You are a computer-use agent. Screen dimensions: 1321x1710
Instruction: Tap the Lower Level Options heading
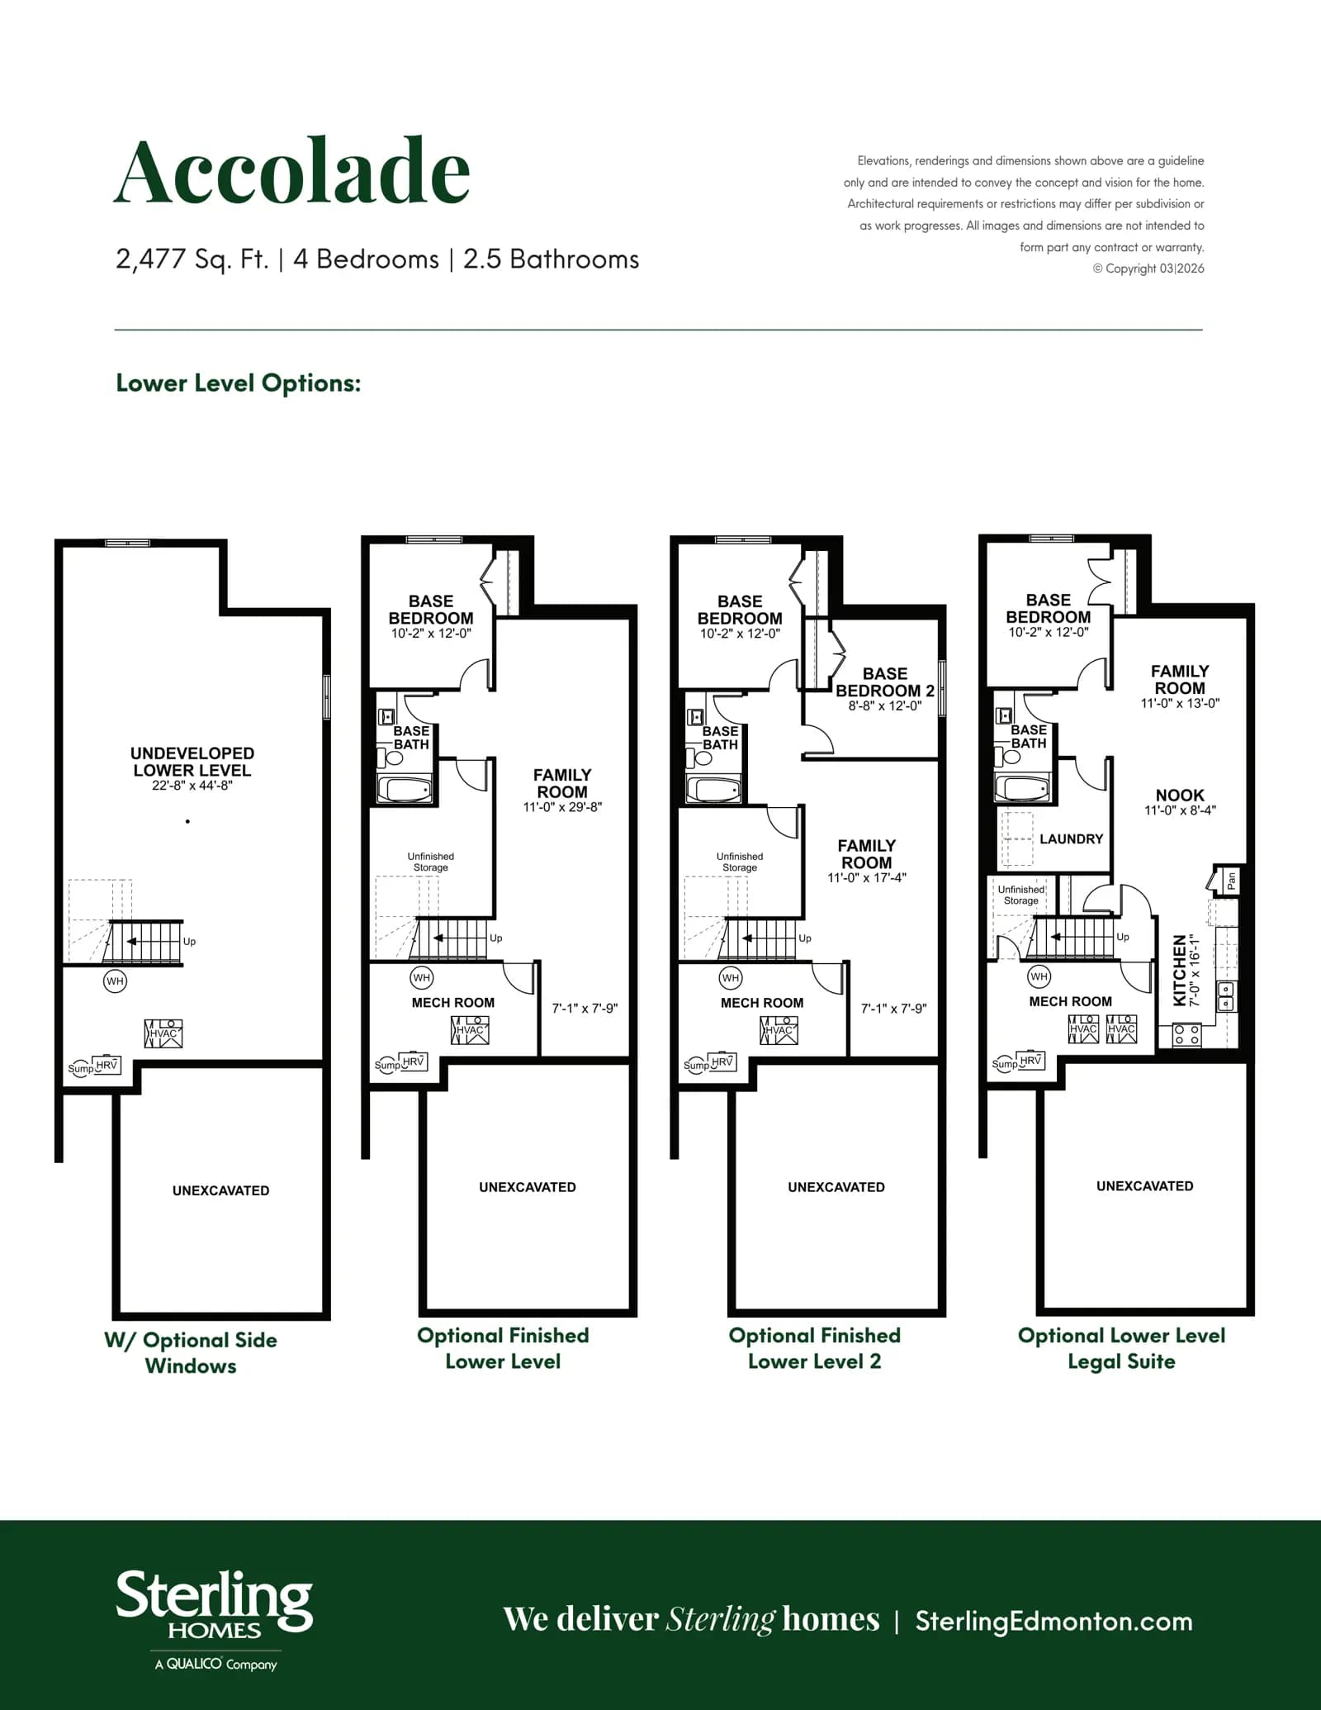point(239,383)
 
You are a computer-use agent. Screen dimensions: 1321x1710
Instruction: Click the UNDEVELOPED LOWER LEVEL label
point(192,762)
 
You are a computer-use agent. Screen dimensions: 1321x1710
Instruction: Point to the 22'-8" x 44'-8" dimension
point(192,786)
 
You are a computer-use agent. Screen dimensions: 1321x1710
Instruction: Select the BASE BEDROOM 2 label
point(885,682)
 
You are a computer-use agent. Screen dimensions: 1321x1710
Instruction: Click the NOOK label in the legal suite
point(1180,795)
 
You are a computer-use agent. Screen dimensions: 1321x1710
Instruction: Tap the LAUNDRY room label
point(1072,838)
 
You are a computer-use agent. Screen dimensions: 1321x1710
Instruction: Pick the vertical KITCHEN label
point(1180,970)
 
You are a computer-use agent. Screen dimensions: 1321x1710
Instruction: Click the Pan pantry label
point(1231,881)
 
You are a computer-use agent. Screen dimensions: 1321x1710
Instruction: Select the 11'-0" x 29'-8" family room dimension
point(562,807)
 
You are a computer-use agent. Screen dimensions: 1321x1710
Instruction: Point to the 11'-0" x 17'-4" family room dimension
point(867,878)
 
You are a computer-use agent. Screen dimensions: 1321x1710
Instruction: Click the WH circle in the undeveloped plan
point(115,981)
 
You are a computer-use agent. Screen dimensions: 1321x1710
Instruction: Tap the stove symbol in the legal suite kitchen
point(1186,1034)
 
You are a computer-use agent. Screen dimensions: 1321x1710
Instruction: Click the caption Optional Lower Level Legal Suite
point(1121,1348)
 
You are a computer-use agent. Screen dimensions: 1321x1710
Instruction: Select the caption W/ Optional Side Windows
point(191,1352)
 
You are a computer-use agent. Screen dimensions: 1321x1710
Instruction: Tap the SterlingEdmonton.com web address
point(1053,1621)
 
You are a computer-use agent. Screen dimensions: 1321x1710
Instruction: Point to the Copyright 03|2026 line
point(1148,268)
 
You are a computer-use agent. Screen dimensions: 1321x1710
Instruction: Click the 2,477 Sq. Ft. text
point(192,259)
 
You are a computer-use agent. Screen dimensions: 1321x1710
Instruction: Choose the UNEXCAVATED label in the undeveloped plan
point(220,1190)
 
